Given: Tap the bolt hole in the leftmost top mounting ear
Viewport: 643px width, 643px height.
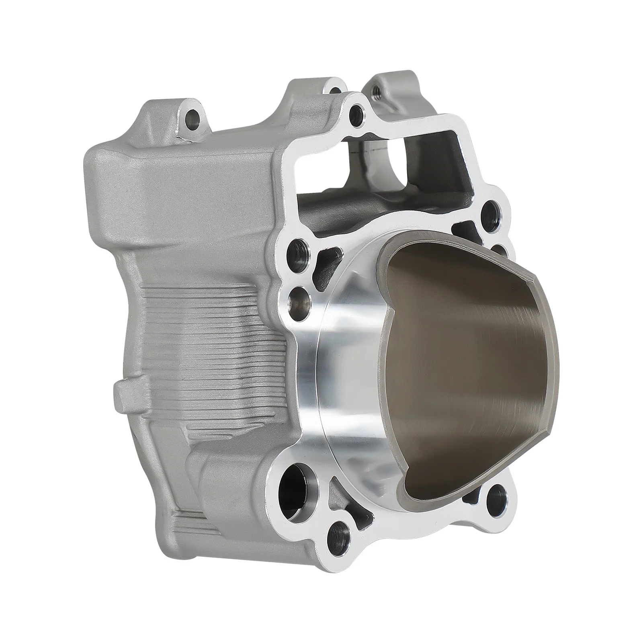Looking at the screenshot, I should pyautogui.click(x=192, y=119).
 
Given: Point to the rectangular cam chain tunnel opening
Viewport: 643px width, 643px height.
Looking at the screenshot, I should pyautogui.click(x=386, y=169).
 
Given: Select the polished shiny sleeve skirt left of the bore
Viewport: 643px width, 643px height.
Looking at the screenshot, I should pyautogui.click(x=346, y=362).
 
